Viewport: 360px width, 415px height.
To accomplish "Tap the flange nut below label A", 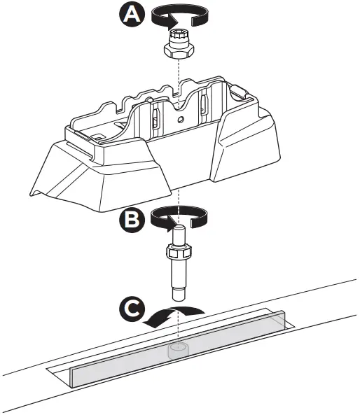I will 180,49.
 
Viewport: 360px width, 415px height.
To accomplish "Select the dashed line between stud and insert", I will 180,322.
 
